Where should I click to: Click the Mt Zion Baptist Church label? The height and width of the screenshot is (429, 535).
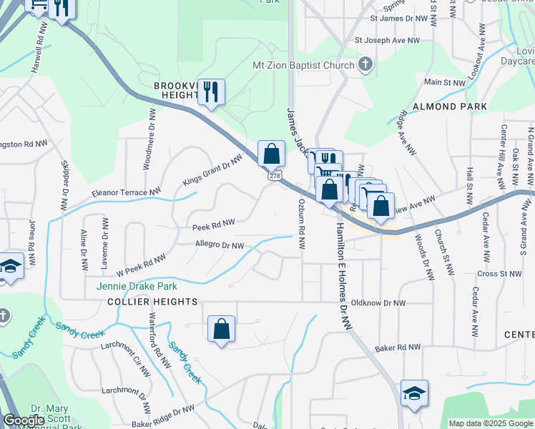point(304,66)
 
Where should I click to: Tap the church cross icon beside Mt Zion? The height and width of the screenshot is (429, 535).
point(365,65)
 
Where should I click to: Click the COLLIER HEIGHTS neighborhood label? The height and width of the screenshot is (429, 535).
point(152,302)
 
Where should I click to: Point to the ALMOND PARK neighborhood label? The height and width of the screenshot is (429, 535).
point(455,107)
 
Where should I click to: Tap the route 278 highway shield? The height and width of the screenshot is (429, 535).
point(275,175)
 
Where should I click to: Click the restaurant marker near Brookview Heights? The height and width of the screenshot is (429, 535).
point(211,92)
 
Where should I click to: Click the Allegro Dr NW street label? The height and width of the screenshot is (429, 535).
point(220,246)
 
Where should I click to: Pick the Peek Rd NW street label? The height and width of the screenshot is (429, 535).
point(213,226)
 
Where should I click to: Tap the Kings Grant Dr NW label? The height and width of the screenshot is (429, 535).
point(212,170)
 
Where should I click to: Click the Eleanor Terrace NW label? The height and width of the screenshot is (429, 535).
point(127,192)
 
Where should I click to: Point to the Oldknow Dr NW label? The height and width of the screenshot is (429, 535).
point(381,303)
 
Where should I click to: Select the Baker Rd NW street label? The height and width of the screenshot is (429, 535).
point(399,347)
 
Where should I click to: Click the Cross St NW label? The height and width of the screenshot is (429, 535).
point(500,274)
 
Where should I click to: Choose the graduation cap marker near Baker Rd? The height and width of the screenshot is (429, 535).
point(414,393)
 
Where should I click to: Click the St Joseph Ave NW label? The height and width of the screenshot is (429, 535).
point(387,41)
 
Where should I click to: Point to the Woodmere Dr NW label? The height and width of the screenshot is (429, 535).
point(151,129)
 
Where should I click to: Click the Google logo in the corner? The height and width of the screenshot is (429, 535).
point(24,420)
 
